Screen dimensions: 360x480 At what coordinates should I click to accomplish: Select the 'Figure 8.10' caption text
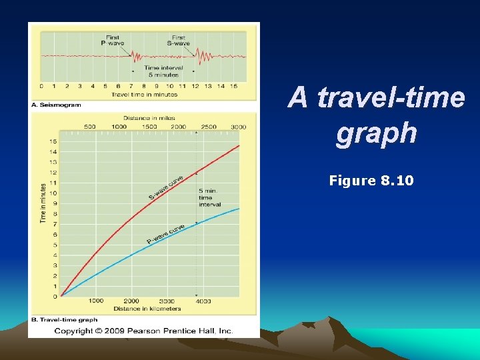point(371,180)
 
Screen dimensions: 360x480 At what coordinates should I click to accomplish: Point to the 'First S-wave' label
point(178,41)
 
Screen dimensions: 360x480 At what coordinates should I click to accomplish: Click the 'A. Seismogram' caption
point(56,105)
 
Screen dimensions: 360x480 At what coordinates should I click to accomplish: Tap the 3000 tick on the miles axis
point(237,127)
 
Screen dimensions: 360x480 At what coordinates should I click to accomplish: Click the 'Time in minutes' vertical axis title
point(43,203)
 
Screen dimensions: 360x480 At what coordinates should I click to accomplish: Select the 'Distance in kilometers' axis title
point(147,309)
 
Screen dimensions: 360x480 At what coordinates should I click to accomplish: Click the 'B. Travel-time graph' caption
point(64,321)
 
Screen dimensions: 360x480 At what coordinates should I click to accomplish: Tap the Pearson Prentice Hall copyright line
point(143,331)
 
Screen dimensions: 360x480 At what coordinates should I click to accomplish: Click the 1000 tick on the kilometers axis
point(96,301)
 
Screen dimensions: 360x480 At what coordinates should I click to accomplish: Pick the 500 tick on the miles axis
point(89,127)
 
